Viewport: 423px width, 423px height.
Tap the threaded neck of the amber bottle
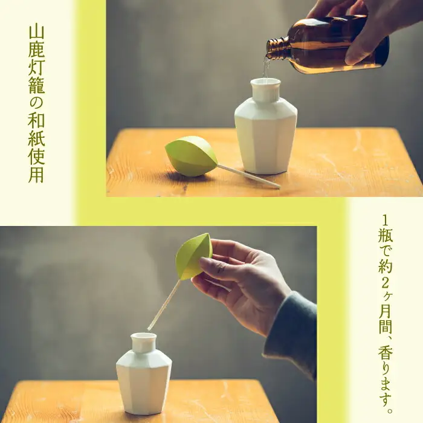tap(277, 48)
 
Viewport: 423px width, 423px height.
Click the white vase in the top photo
tap(266, 126)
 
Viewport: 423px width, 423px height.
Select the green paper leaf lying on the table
tap(191, 156)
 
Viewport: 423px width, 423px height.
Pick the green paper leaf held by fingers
tap(193, 257)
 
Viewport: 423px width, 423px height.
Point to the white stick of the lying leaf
tap(249, 176)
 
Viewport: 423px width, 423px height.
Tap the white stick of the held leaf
tap(164, 305)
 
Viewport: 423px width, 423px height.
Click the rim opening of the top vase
tap(265, 81)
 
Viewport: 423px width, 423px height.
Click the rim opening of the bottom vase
tap(144, 336)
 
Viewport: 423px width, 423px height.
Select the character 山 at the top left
tap(36, 33)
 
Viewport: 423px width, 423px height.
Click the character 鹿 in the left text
tap(36, 49)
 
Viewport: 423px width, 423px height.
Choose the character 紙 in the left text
tap(36, 138)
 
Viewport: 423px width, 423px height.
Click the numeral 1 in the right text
tap(386, 221)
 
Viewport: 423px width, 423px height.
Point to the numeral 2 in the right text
tap(386, 283)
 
